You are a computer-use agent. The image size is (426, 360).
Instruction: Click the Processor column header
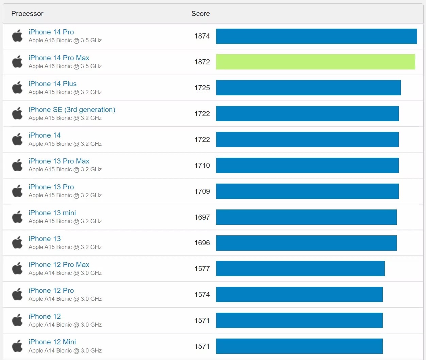[x=27, y=14]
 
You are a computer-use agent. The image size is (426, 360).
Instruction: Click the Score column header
[x=200, y=14]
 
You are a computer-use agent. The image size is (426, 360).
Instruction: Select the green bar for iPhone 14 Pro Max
[x=315, y=62]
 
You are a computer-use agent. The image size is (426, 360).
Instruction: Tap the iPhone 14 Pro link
[x=51, y=32]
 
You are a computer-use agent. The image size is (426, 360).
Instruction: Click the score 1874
[x=202, y=36]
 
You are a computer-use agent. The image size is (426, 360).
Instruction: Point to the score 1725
[x=202, y=88]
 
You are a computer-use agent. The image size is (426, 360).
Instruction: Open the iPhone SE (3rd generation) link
[x=72, y=110]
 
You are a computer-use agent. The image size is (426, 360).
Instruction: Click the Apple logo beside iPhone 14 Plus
[x=17, y=88]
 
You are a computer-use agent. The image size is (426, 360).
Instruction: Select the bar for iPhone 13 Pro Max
[x=307, y=165]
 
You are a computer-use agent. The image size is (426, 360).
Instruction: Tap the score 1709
[x=202, y=191]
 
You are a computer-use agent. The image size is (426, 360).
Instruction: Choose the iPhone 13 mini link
[x=52, y=213]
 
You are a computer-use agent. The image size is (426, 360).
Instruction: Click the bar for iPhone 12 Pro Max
[x=300, y=269]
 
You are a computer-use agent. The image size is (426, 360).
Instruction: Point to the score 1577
[x=202, y=269]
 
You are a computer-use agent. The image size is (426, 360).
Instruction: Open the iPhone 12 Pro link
[x=51, y=291]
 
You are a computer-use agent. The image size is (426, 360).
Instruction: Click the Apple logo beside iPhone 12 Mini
[x=17, y=346]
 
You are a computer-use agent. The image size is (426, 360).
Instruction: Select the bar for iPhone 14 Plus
[x=308, y=88]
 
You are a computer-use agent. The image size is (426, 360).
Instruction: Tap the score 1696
[x=202, y=243]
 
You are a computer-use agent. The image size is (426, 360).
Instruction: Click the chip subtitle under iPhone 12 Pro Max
[x=65, y=273]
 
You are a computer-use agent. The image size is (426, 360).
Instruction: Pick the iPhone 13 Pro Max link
[x=59, y=161]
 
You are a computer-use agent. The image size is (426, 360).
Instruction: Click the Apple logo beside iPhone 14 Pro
[x=17, y=36]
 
